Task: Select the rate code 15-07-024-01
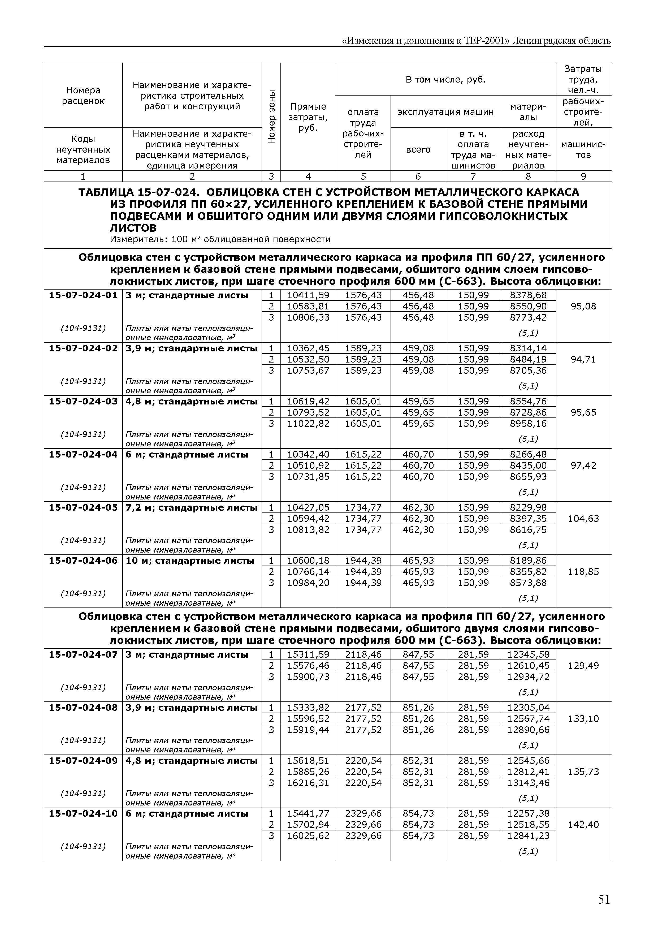point(83,295)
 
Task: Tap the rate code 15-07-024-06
point(83,561)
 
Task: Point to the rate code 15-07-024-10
point(83,813)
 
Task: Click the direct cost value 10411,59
point(308,295)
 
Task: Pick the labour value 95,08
point(583,306)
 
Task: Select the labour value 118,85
point(583,572)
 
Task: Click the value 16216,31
point(308,783)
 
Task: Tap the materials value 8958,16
point(528,424)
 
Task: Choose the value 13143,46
point(528,783)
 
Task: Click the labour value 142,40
point(583,825)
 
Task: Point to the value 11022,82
point(308,424)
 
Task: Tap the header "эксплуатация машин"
point(445,112)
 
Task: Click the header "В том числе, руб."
point(445,79)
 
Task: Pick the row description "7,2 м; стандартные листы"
point(191,508)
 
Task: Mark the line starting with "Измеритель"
point(220,240)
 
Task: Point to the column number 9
point(583,176)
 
